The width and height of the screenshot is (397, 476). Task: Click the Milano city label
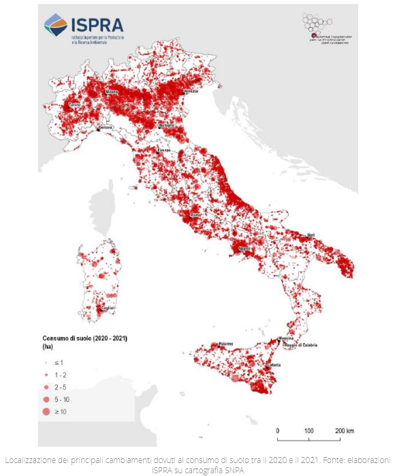pos(112,92)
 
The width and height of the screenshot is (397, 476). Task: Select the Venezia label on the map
pos(190,91)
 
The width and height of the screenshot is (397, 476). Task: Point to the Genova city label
pos(106,127)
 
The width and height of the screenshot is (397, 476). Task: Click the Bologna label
pos(167,126)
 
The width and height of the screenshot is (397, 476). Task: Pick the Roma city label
pos(196,215)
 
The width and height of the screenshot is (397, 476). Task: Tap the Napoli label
pos(245,250)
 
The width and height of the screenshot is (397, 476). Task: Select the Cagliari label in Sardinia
pos(107,308)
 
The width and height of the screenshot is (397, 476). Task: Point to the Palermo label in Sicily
pos(226,344)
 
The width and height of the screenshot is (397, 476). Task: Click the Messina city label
pos(285,338)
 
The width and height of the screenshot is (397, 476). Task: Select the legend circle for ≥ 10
pos(46,411)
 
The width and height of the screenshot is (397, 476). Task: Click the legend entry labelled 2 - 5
pos(61,387)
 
